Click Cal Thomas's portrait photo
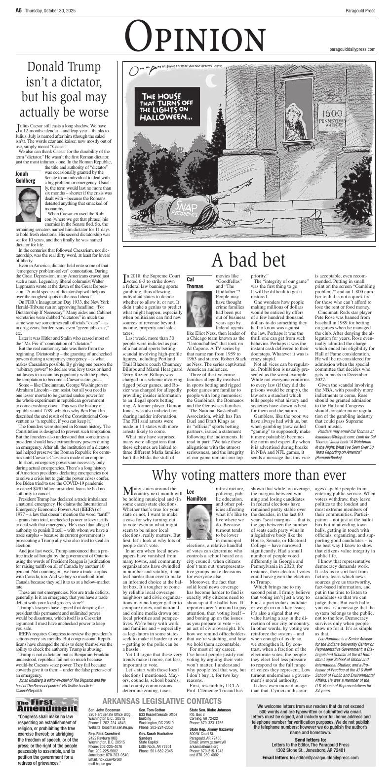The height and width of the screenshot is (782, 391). pyautogui.click(x=198, y=306)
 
